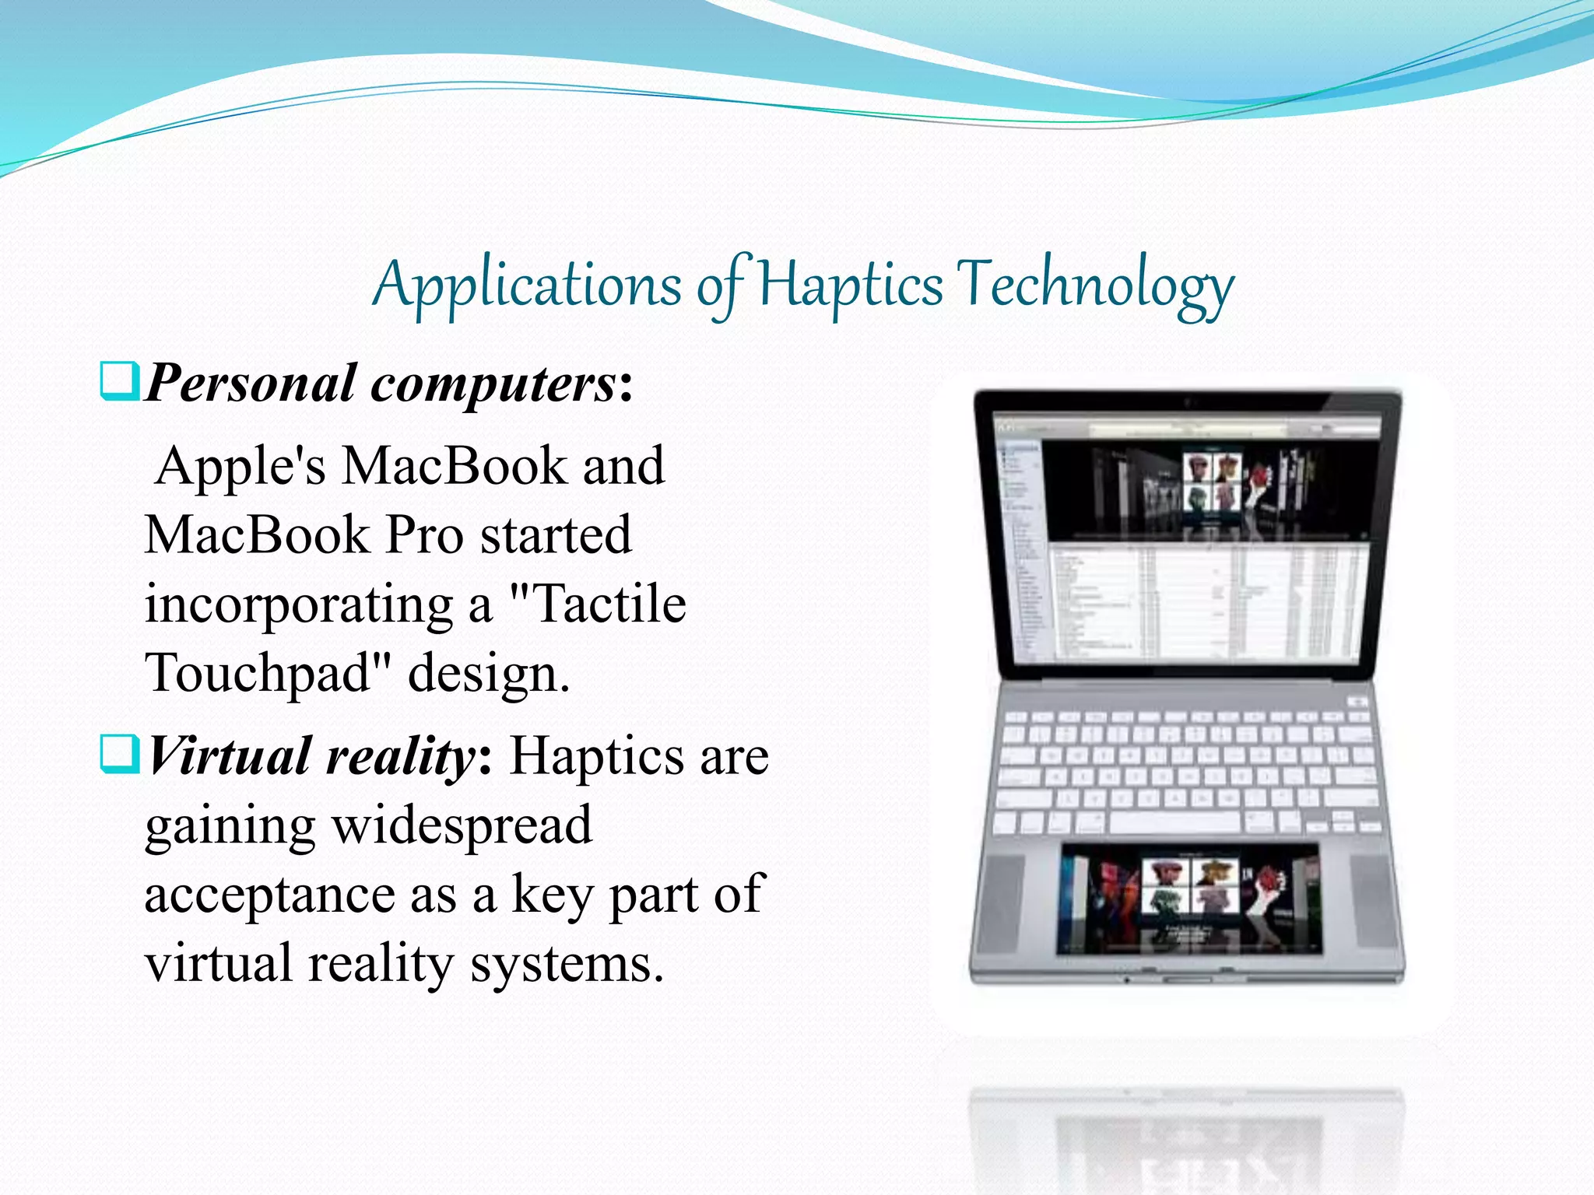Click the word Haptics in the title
[x=850, y=285]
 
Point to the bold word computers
[x=493, y=384]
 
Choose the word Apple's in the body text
[x=240, y=467]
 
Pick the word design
[x=489, y=674]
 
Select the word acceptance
[x=269, y=895]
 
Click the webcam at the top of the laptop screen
[x=1188, y=401]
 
